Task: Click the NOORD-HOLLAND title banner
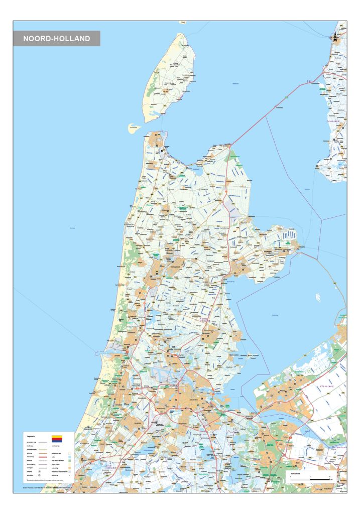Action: click(x=57, y=38)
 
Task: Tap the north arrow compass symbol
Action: click(x=335, y=36)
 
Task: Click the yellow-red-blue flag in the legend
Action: click(x=57, y=438)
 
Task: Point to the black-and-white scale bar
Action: click(x=310, y=479)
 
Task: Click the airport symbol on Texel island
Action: click(x=175, y=64)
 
